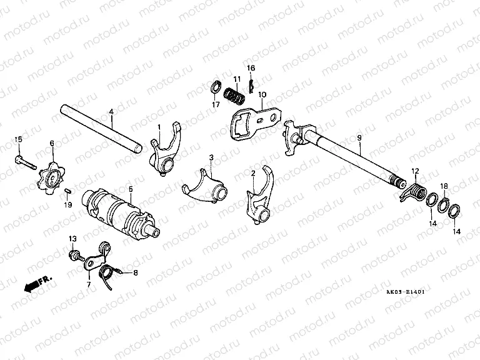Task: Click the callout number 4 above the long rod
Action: [111, 113]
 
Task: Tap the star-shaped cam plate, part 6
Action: [52, 172]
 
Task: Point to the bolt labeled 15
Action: [23, 159]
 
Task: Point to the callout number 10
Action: [262, 95]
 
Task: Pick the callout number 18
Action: [444, 186]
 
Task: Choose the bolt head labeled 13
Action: [74, 255]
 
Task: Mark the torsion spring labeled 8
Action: [113, 272]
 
